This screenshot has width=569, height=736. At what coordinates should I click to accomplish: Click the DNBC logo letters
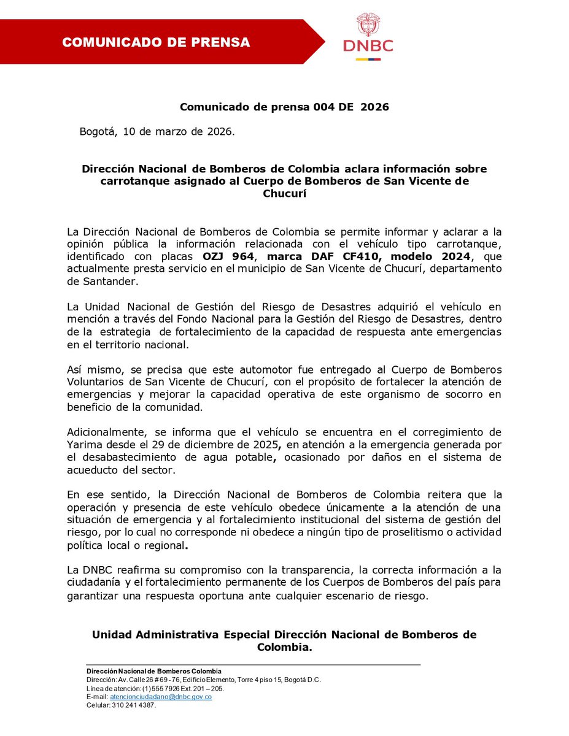(368, 46)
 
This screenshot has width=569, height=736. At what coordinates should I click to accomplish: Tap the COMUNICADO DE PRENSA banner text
(156, 42)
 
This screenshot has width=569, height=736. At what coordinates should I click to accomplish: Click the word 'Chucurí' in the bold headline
(284, 194)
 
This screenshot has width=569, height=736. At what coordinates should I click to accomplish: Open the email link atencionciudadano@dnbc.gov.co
(161, 697)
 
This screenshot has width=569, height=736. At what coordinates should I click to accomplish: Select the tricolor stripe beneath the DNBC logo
(368, 59)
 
